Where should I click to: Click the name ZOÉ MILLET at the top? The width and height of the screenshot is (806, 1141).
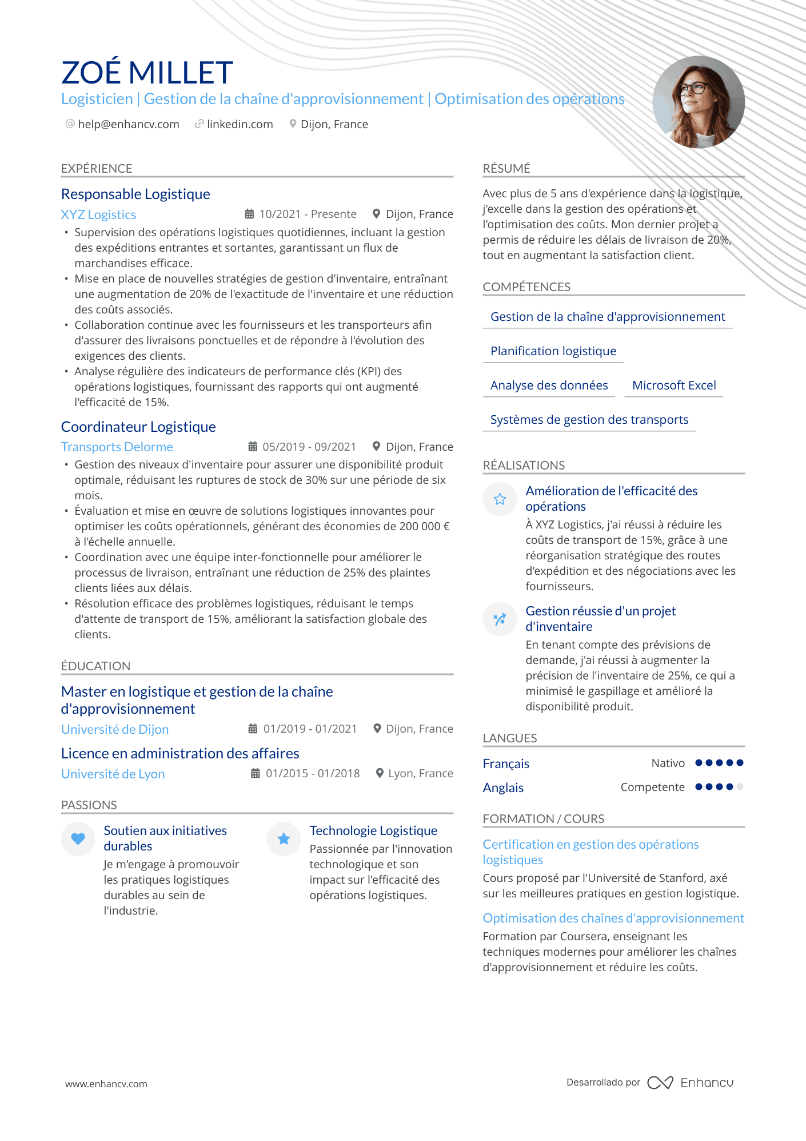pos(147,73)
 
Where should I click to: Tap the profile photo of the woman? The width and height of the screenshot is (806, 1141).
pos(699,102)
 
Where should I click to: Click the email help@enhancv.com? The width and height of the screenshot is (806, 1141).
pos(128,125)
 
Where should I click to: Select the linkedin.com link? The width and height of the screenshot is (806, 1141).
pos(240,125)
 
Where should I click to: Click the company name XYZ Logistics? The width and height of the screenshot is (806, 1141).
pos(98,215)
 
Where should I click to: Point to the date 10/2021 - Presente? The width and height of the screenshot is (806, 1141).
pos(308,214)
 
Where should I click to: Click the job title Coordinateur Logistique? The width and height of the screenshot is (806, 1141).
pos(138,427)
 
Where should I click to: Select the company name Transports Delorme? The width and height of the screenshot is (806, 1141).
pos(117,447)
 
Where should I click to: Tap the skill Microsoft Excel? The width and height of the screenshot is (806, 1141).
pos(674,385)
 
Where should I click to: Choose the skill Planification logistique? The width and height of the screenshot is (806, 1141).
pos(553,351)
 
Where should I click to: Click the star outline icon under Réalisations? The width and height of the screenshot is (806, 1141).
pos(500,499)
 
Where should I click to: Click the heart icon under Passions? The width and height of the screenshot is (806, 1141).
pos(78,839)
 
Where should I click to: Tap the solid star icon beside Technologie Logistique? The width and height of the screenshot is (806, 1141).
pos(284,839)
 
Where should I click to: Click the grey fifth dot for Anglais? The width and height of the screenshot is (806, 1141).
pos(740,787)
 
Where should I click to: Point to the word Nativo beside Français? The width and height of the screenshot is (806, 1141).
pos(668,764)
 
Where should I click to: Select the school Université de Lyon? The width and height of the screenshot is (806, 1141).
pos(113,774)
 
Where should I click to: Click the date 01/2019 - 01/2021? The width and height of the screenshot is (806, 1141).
pos(310,729)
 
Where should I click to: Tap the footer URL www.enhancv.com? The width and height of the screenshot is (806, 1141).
pos(106,1084)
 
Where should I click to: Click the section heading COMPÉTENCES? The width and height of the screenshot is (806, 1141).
pos(526,287)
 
